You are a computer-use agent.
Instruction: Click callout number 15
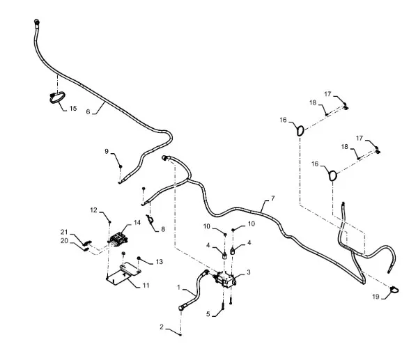click(x=72, y=109)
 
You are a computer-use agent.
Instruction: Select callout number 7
click(x=272, y=198)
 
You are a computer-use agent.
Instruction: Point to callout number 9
click(x=107, y=151)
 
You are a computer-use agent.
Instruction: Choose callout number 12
click(x=94, y=210)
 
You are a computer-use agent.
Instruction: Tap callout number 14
click(x=137, y=222)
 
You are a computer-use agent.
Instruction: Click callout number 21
click(x=63, y=232)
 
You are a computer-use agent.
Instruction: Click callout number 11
click(x=146, y=285)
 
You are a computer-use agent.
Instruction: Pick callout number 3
click(x=249, y=272)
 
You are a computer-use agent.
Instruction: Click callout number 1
click(x=180, y=287)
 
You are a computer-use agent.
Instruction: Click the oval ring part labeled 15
click(x=56, y=98)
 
